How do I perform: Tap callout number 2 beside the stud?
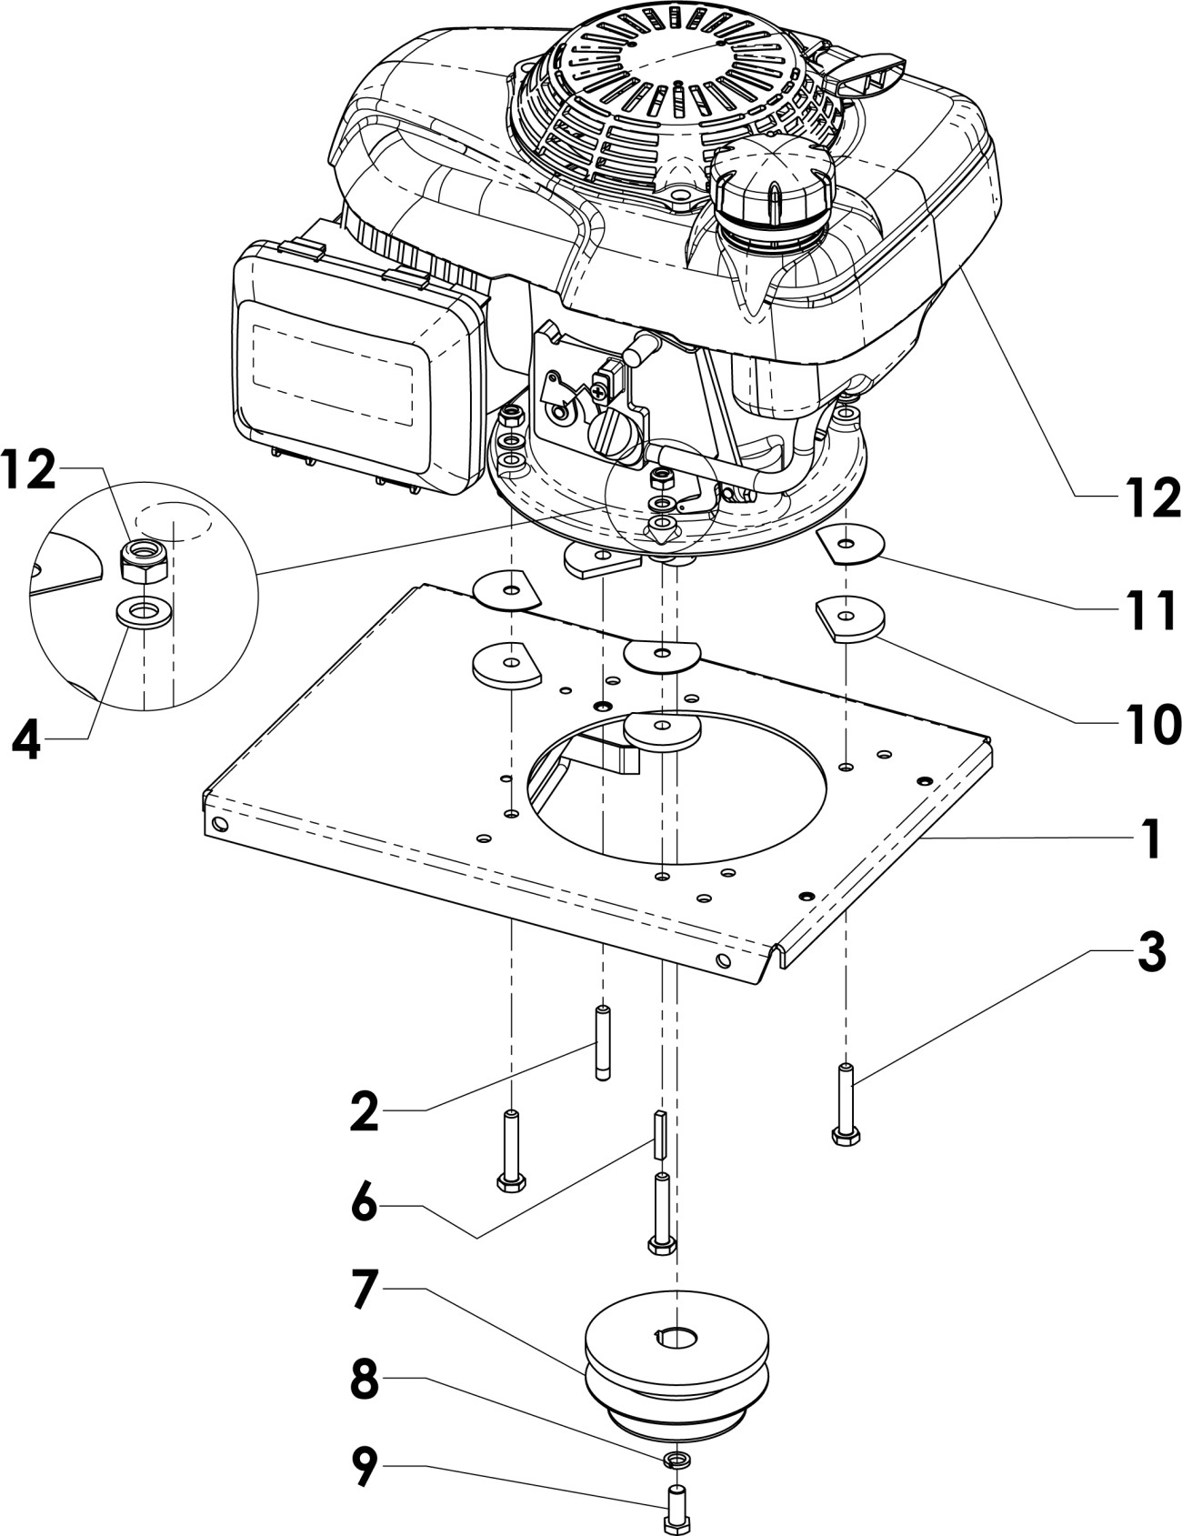click(365, 1111)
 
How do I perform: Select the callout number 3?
click(1150, 952)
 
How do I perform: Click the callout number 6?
click(365, 1206)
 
